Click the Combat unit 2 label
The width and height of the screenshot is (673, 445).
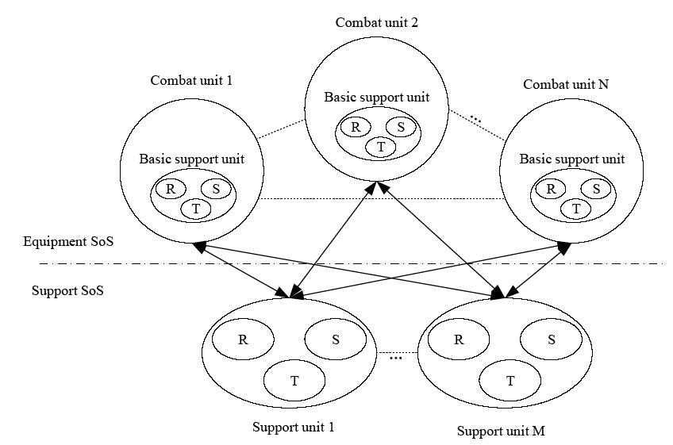pyautogui.click(x=377, y=22)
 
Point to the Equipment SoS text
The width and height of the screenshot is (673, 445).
pyautogui.click(x=68, y=240)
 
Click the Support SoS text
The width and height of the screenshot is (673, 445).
pyautogui.click(x=67, y=290)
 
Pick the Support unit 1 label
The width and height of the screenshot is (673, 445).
pyautogui.click(x=293, y=427)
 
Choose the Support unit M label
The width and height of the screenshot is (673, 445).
pyautogui.click(x=500, y=432)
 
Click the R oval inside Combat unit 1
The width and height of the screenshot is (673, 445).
pyautogui.click(x=170, y=189)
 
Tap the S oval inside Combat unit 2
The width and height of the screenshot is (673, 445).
pyautogui.click(x=401, y=127)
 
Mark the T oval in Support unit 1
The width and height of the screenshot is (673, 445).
pyautogui.click(x=294, y=381)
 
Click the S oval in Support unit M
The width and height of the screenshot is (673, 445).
pyautogui.click(x=552, y=340)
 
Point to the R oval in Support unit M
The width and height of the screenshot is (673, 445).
pyautogui.click(x=459, y=340)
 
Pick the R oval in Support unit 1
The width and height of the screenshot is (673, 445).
pyautogui.click(x=242, y=340)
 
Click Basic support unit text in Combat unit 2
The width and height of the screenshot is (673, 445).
pyautogui.click(x=377, y=98)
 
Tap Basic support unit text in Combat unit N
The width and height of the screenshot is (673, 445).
pyautogui.click(x=571, y=159)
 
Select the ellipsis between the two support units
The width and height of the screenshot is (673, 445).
pyautogui.click(x=396, y=358)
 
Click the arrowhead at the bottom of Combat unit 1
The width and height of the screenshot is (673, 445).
pyautogui.click(x=199, y=247)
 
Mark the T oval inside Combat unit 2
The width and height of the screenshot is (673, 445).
pyautogui.click(x=381, y=147)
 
